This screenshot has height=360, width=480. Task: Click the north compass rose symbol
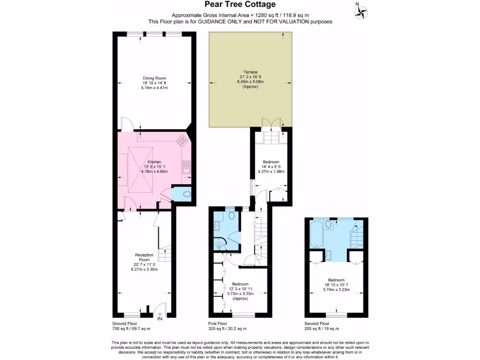point(361,13)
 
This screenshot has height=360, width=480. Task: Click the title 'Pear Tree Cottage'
point(240,5)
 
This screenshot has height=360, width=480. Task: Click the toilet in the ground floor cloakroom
point(186,194)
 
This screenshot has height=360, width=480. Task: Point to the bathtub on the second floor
point(315,234)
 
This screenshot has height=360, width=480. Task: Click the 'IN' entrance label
point(160,319)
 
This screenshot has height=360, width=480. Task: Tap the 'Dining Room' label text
point(154,78)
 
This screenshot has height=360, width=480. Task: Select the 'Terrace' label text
point(250,72)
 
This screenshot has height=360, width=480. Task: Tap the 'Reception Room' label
point(144,257)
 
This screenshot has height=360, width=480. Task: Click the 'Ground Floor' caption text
point(124,323)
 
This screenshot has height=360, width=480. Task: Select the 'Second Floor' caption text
point(317,323)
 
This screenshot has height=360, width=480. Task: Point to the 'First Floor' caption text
point(218,323)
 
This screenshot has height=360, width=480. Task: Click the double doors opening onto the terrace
point(270,123)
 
